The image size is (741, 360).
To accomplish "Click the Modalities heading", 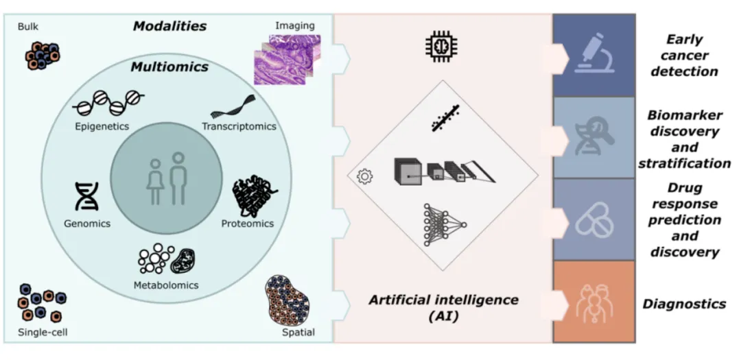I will pos(169,27).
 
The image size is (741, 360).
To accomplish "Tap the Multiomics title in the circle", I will pos(169,67).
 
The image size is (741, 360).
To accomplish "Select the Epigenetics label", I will pos(102,126).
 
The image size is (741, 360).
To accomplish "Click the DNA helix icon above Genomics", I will pos(86,197).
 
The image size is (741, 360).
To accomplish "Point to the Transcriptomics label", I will pos(239,126).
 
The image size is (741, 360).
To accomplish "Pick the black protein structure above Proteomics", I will pos(255,198).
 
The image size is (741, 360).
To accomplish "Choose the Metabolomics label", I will pos(166,285).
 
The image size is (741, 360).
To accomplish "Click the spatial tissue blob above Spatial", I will pos(287,300).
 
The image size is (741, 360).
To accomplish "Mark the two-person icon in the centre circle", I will pos(167,179).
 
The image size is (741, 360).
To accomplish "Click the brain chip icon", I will pos(443,46).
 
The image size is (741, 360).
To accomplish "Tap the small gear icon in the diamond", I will pos(365,176).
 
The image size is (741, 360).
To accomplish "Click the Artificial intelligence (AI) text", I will pos(443,307).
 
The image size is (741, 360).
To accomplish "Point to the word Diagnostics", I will pos(684,303).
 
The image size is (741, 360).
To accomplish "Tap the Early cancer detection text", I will pos(684,56).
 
